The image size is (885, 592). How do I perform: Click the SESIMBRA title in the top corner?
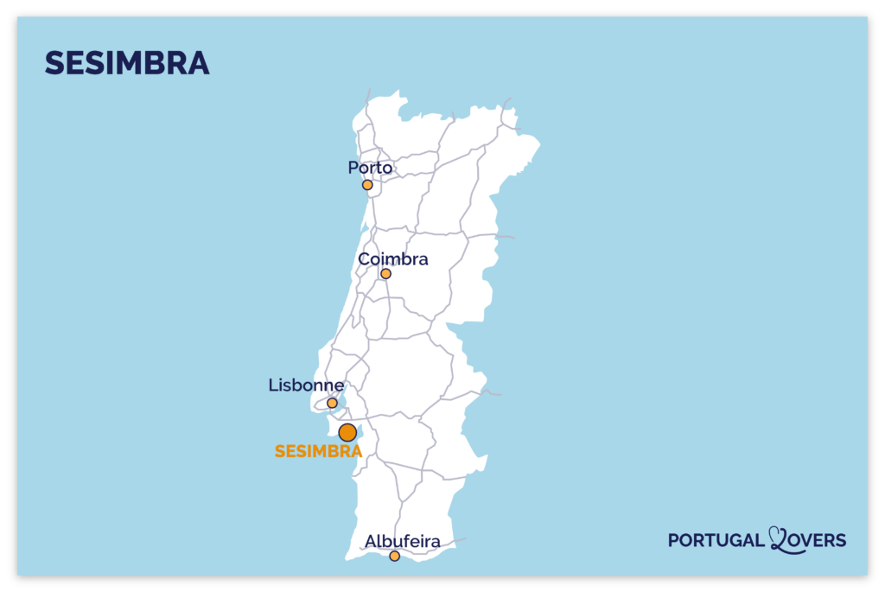click(x=127, y=63)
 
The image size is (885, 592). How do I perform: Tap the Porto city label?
click(x=370, y=168)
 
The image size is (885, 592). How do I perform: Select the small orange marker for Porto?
click(x=367, y=185)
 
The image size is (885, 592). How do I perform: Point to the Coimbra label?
click(x=393, y=259)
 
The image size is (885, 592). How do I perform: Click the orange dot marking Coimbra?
click(x=385, y=274)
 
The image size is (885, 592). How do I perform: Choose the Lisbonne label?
click(x=306, y=385)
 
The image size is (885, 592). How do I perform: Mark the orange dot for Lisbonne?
click(x=332, y=403)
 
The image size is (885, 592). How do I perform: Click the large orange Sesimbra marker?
click(x=347, y=432)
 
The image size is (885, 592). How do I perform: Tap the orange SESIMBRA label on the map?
click(x=318, y=451)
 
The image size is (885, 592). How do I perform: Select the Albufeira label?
click(x=403, y=542)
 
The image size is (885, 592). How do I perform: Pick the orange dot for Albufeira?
click(x=395, y=556)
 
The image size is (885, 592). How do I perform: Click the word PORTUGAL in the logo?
click(x=716, y=541)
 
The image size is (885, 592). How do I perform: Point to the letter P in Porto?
click(x=353, y=168)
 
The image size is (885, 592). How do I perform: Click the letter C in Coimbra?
click(x=364, y=259)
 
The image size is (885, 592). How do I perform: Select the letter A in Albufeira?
click(x=371, y=542)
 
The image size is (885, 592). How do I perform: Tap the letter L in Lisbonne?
click(x=273, y=385)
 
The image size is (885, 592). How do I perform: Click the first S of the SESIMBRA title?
click(x=54, y=63)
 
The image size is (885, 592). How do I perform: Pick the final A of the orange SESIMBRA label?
click(x=354, y=451)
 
